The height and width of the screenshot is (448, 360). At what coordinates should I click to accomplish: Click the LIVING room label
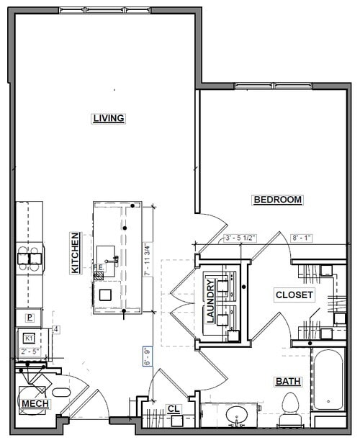point(109,118)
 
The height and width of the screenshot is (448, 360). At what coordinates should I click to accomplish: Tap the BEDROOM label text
point(277,200)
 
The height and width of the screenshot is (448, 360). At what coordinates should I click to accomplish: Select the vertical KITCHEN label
point(74,253)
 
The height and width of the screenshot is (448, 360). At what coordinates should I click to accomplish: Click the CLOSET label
point(294,295)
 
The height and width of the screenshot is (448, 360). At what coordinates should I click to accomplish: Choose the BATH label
point(287,381)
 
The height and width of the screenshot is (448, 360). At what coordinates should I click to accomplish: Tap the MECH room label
point(35,404)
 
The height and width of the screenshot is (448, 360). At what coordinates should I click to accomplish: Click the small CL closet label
point(173,409)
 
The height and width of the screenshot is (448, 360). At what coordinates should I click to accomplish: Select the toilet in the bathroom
point(290,408)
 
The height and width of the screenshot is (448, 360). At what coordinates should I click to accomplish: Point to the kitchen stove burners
point(30,256)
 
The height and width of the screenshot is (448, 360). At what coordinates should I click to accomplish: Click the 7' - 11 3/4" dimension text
point(148,259)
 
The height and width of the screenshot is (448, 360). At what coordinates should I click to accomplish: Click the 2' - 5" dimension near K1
point(30,351)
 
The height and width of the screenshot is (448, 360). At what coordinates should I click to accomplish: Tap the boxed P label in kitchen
point(30,317)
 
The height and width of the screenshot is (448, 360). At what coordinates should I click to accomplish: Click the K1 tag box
point(30,337)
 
